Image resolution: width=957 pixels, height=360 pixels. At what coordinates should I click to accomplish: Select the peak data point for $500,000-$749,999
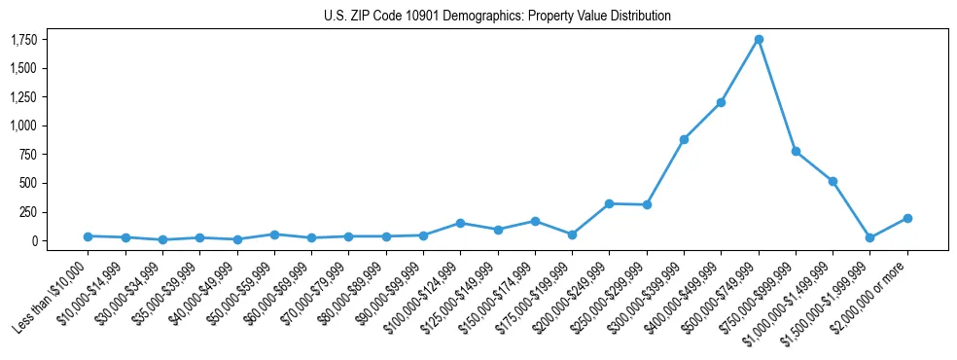tap(759, 39)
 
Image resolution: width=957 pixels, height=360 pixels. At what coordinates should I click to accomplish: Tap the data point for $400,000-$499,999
tap(721, 102)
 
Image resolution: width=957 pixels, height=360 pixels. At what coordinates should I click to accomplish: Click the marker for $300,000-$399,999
tap(684, 139)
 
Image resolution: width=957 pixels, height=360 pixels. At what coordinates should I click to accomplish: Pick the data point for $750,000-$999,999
tap(796, 151)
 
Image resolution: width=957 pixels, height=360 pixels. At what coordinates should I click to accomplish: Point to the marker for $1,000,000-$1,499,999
tap(833, 181)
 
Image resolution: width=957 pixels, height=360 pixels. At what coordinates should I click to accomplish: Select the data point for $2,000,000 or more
tap(907, 218)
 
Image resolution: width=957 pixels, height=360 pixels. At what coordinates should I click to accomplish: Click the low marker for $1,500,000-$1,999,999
tap(870, 237)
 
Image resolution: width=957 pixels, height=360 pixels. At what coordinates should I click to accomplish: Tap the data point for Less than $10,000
tap(88, 236)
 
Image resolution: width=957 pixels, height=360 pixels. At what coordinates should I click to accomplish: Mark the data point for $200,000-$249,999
tap(609, 203)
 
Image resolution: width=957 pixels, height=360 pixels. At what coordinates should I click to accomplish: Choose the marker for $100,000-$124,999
tap(460, 223)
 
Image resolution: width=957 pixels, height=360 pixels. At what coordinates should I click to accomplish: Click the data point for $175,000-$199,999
tap(572, 234)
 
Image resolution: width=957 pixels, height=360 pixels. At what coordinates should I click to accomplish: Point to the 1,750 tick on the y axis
tap(23, 40)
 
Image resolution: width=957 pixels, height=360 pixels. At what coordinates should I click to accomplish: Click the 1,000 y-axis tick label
tap(23, 126)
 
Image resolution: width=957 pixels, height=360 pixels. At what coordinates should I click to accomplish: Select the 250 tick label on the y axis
tap(29, 212)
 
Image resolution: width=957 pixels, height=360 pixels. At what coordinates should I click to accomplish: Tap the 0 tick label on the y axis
tap(35, 240)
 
